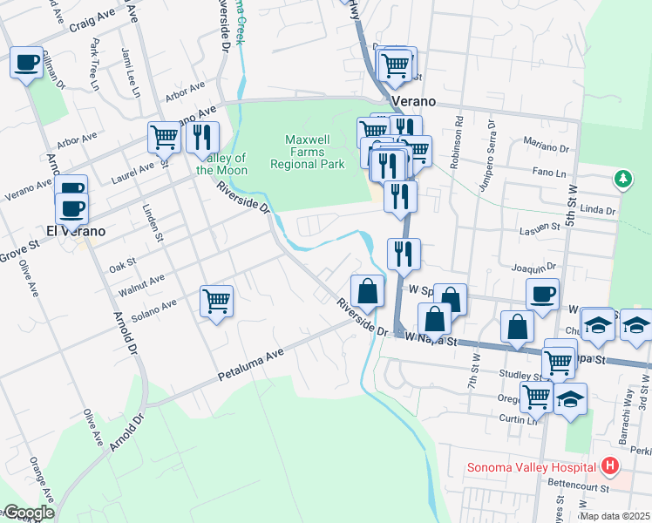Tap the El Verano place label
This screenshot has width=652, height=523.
click(76, 232)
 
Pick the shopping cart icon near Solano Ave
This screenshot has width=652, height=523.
click(216, 302)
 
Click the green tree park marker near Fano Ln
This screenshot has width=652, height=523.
click(622, 180)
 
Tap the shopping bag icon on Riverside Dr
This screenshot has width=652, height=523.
click(368, 291)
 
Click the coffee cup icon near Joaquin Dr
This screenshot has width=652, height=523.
click(542, 295)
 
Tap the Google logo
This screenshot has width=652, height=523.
click(28, 513)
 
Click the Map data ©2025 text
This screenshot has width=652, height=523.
click(613, 515)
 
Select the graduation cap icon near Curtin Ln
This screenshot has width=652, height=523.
click(570, 398)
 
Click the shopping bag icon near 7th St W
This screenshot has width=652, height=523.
click(518, 328)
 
